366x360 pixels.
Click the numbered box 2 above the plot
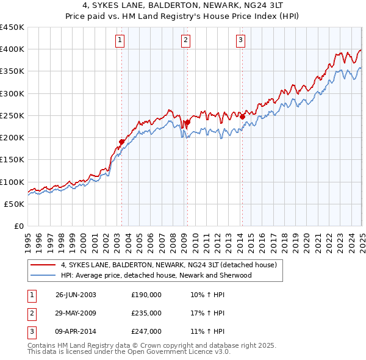point(185,41)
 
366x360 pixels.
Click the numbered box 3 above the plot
point(241,41)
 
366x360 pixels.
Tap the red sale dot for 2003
point(121,142)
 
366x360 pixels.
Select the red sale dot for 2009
point(187,122)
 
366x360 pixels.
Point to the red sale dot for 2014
point(242,117)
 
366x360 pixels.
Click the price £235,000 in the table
point(146,313)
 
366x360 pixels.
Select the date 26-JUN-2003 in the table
point(76,295)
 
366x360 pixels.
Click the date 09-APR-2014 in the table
point(76,331)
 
